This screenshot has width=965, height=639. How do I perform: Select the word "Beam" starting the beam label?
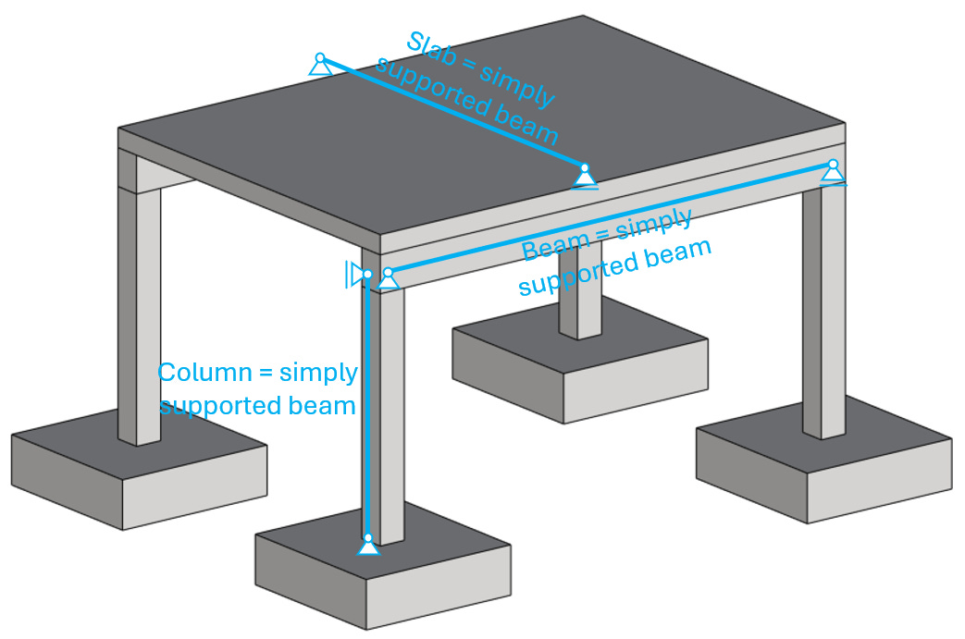[553, 247]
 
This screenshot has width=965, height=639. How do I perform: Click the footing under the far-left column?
[139, 472]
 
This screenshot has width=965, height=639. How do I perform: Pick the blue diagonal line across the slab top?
[453, 116]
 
